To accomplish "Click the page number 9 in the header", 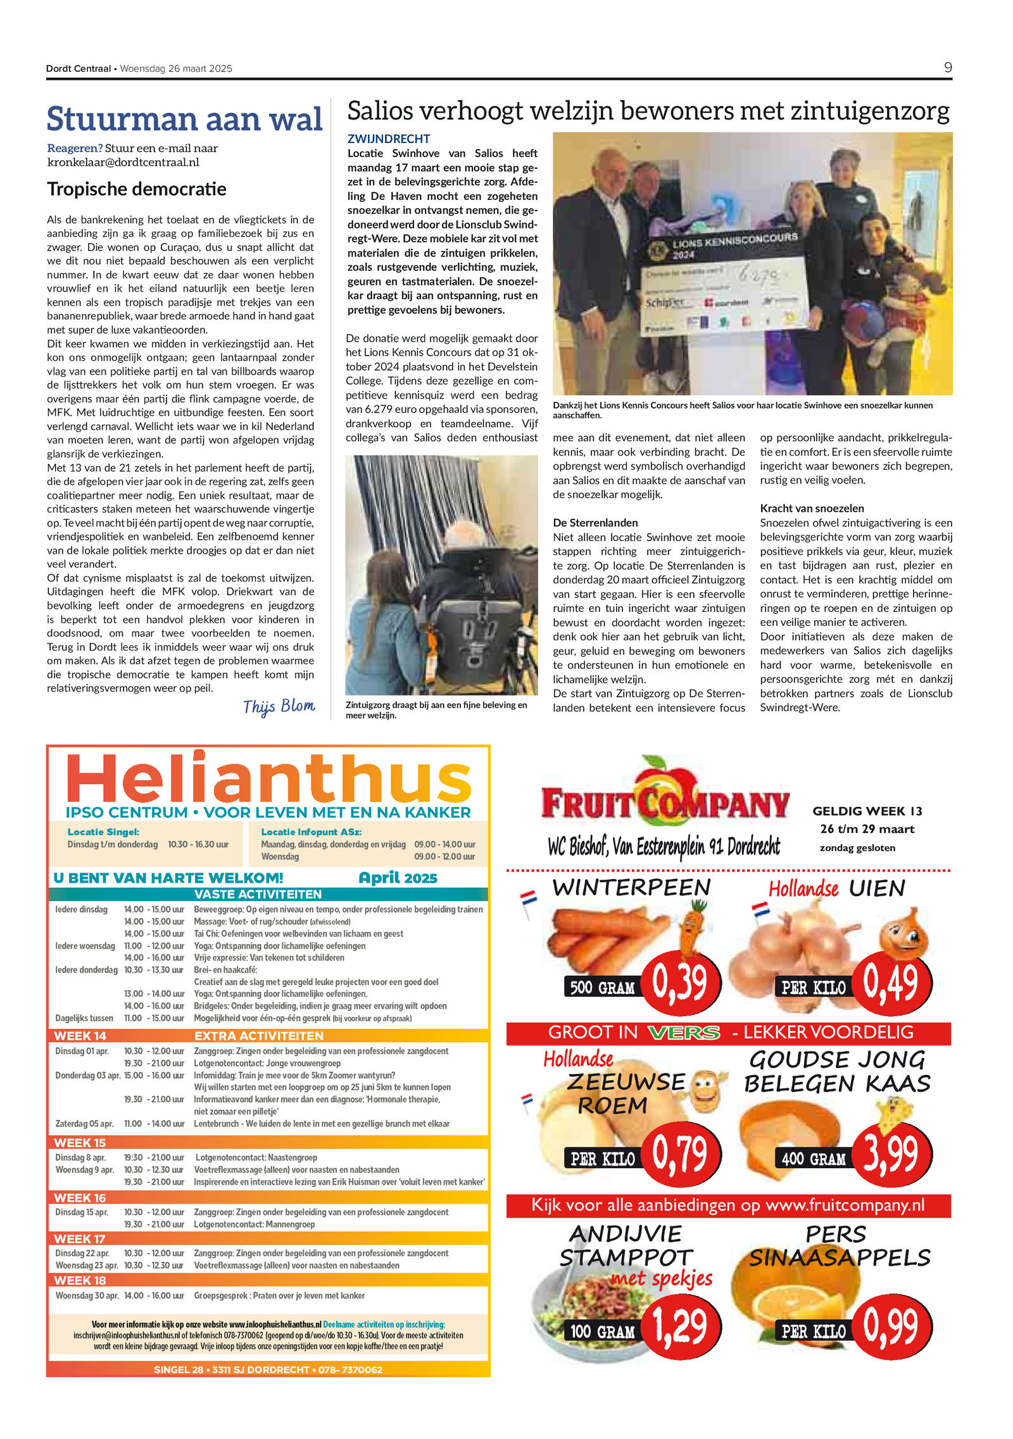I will (947, 67).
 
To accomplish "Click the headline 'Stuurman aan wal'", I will (184, 119).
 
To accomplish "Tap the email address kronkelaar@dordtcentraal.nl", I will (123, 162).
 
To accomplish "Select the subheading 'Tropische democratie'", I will (137, 189).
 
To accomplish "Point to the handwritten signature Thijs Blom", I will (279, 706).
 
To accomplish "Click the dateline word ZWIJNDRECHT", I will (389, 139).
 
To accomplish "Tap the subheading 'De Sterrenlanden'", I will (595, 523).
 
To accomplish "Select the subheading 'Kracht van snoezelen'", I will (812, 508).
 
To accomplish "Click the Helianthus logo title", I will (268, 778).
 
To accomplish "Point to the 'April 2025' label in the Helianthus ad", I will (398, 878).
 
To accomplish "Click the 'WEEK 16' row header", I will (80, 1198).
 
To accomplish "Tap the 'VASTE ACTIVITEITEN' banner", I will (258, 894).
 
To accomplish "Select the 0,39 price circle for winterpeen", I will (680, 982).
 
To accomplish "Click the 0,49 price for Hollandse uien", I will (891, 982).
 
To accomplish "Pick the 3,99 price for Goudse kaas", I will (891, 1154).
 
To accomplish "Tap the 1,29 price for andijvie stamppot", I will (680, 1326).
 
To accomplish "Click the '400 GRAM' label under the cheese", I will (814, 1159).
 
